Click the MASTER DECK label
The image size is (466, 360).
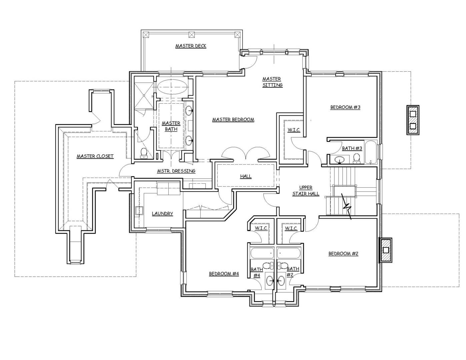pos(191,46)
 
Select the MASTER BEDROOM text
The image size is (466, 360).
pos(233,120)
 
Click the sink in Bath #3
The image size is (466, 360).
pos(339,160)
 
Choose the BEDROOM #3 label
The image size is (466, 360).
pos(345,107)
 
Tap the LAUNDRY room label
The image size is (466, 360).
pos(162,214)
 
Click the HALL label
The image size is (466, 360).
pos(246,176)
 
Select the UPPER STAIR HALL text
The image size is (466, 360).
pos(306,191)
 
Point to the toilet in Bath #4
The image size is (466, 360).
pos(268,266)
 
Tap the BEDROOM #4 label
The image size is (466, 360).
pos(224,274)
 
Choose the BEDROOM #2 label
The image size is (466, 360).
pos(343,254)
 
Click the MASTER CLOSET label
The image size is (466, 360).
pos(95,156)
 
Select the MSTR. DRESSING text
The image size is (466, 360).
pos(176,171)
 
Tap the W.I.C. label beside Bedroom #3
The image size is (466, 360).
pos(294,130)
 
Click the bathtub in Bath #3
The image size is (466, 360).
pos(371,152)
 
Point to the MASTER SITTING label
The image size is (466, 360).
pos(272,82)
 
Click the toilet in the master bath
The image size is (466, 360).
pos(143,154)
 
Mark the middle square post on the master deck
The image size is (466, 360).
pos(192,35)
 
